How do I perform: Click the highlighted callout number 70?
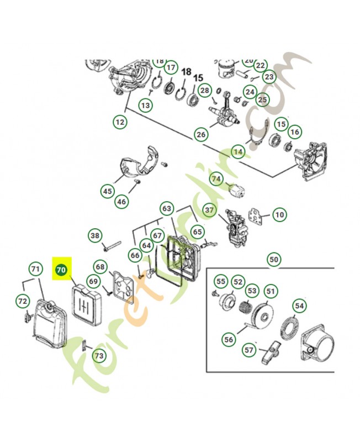(61, 270)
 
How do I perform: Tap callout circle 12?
(120, 122)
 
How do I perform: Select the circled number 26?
(200, 134)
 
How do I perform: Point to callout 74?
(216, 179)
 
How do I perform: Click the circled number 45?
(107, 192)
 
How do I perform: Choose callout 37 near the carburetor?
(209, 211)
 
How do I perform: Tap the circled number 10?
(279, 214)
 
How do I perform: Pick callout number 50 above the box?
(274, 259)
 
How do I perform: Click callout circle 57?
(249, 349)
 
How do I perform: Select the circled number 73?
(99, 356)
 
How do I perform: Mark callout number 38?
(96, 236)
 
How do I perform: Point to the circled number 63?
(167, 209)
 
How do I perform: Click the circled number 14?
(238, 150)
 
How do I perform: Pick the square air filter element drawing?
(86, 304)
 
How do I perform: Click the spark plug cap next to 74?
(236, 190)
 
